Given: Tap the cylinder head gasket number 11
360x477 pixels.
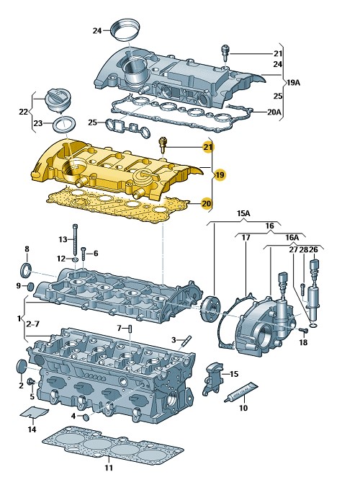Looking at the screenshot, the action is [x=113, y=445].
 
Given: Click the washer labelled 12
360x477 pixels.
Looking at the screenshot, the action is [x=75, y=259].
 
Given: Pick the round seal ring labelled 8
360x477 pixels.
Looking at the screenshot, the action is [x=26, y=270].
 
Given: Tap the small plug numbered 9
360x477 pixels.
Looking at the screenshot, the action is [x=30, y=287].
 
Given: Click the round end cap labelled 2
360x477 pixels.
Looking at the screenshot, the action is [x=22, y=367].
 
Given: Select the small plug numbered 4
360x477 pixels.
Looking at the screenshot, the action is [x=86, y=417].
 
